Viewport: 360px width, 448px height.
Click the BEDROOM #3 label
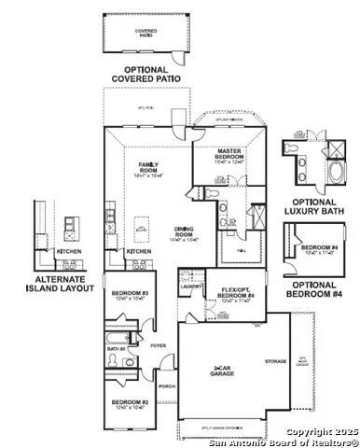click(x=123, y=295)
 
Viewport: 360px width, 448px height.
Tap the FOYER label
click(x=157, y=343)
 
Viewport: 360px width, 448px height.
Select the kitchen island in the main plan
click(x=142, y=225)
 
